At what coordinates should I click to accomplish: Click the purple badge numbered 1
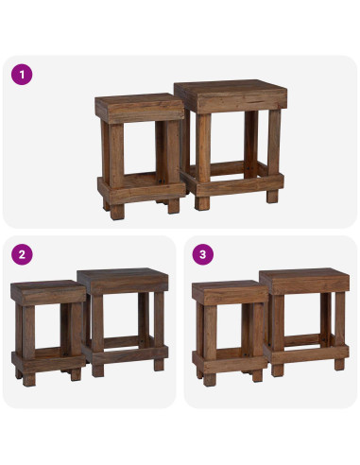coord(22,75)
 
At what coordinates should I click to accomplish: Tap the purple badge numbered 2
coord(22,254)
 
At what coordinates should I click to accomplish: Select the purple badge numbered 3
coord(203,254)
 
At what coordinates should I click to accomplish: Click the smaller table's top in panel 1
coord(140,108)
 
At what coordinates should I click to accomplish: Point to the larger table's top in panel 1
coord(231,96)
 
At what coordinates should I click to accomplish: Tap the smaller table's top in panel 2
coord(48,292)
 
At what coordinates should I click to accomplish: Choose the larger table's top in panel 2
coord(123,281)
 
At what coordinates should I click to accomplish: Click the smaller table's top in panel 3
coord(230,292)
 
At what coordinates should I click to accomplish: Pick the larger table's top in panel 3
coord(304,281)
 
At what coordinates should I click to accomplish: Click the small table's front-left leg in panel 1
coord(116,171)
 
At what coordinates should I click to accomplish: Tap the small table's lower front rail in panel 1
coord(142,192)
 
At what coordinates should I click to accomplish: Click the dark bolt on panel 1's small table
coord(162,181)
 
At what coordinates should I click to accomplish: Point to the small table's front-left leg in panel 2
coord(28,345)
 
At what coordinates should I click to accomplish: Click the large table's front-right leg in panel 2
coord(159,332)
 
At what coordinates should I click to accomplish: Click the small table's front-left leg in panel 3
coord(210,345)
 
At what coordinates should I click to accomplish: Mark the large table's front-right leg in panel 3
coord(340,332)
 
